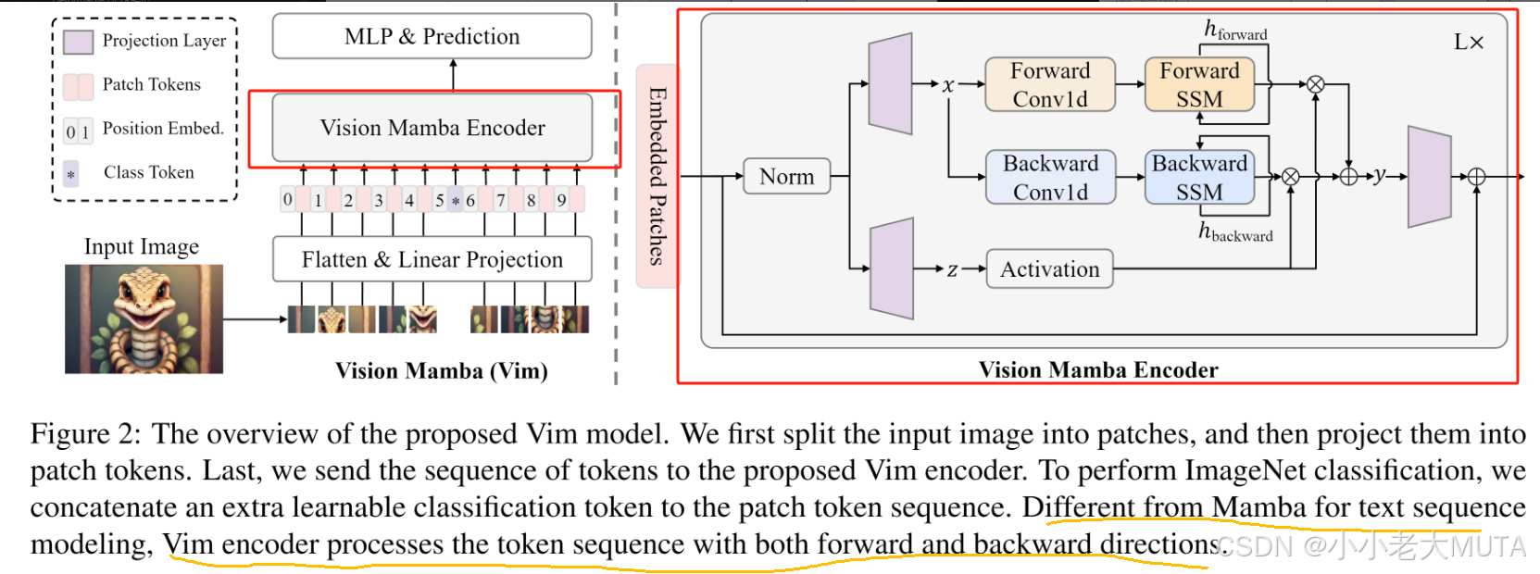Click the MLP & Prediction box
tap(432, 36)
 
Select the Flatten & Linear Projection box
tap(432, 259)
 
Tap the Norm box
tap(786, 176)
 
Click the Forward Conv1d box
tap(1049, 84)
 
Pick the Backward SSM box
tap(1199, 177)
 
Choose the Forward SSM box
tap(1199, 84)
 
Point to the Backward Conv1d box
tap(1050, 177)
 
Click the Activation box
tap(1049, 269)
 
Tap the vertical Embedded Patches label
tap(657, 176)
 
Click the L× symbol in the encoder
tap(1469, 43)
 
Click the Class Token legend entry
tap(130, 173)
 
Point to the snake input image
tap(144, 318)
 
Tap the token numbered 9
tap(561, 200)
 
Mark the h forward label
tap(1235, 31)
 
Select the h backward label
tap(1235, 232)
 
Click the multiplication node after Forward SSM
tap(1315, 84)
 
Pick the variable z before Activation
tap(952, 269)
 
